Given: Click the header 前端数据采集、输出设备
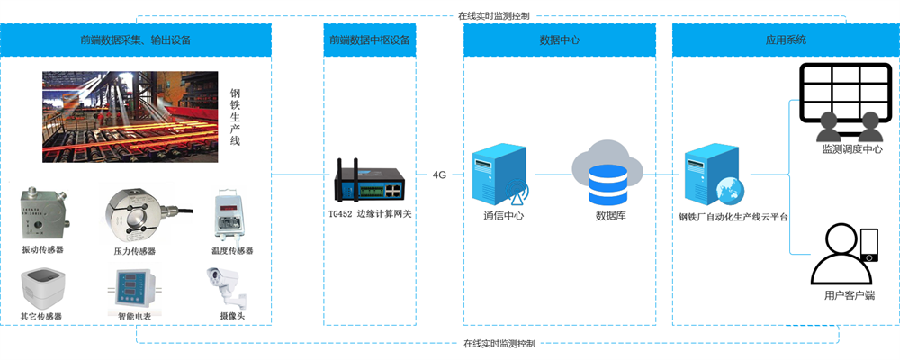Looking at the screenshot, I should pyautogui.click(x=136, y=40).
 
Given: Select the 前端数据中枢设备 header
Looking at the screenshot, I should pyautogui.click(x=370, y=40).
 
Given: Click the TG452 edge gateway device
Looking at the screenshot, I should pyautogui.click(x=369, y=180).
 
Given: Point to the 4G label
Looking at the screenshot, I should pyautogui.click(x=439, y=174).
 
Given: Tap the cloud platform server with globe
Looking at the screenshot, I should pyautogui.click(x=712, y=176).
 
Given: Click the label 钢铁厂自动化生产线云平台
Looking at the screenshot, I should pyautogui.click(x=733, y=217).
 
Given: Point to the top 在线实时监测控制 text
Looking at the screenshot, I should pyautogui.click(x=492, y=15).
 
